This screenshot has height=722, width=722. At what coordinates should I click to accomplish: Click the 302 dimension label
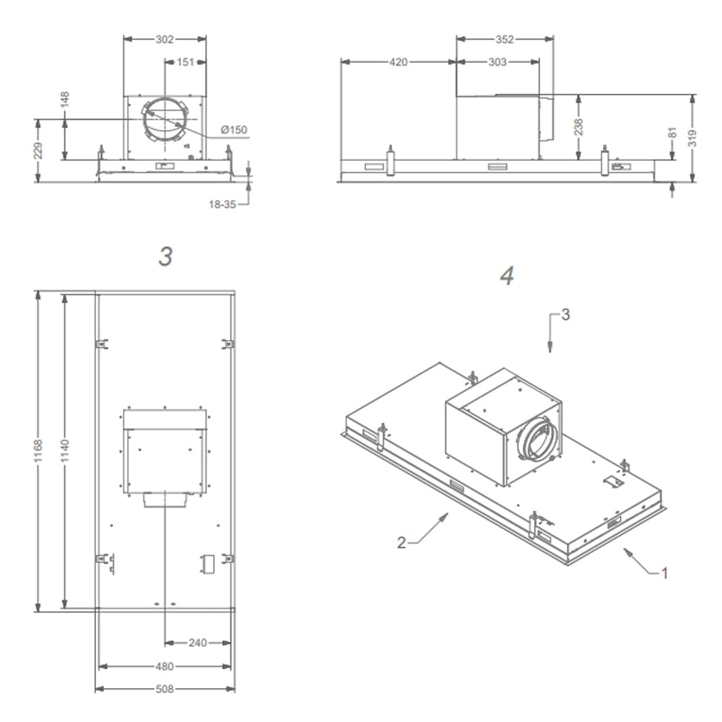165,39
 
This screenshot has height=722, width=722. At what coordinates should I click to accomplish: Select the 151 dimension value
186,61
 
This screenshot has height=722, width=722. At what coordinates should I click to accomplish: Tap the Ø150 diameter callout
234,130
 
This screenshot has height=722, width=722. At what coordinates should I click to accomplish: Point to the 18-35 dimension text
222,204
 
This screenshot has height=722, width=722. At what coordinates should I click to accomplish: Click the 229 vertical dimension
38,151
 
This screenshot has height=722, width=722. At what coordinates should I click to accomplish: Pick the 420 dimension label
399,61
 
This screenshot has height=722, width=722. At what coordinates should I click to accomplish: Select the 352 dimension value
505,39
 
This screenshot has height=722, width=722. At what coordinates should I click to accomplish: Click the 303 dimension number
497,61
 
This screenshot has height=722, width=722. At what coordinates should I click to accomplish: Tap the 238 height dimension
578,126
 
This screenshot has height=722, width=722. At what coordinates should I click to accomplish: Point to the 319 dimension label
692,138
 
